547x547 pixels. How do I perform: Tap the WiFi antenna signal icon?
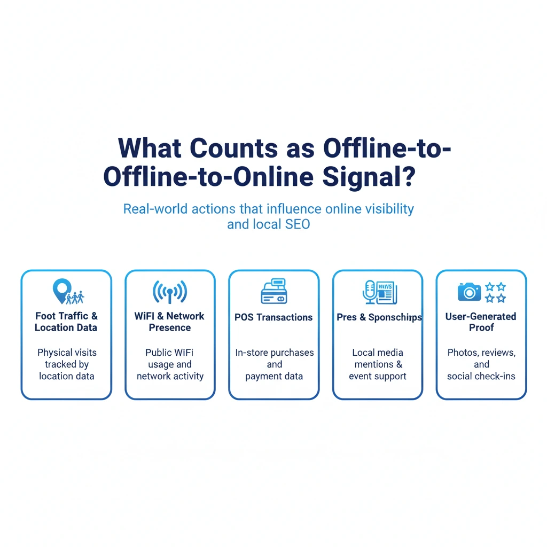pos(170,292)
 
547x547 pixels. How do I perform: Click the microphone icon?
pos(369,291)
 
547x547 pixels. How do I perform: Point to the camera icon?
pos(469,292)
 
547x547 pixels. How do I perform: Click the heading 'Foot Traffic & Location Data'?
pos(66,322)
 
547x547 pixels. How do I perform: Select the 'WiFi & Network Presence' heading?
pos(170,322)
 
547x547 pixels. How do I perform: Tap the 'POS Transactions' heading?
pos(273,317)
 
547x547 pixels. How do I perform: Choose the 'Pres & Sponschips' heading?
pos(379,317)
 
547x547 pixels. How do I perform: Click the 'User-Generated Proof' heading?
pos(481,322)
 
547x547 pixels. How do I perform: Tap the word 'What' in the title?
pos(150,148)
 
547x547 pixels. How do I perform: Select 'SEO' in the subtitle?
pos(296,224)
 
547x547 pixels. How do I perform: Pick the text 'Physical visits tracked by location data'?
pos(66,364)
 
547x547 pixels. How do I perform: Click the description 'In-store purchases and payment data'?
pos(274,364)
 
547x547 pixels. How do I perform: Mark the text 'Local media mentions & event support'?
pos(378,364)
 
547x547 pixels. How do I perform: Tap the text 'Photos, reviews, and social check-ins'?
pos(481,364)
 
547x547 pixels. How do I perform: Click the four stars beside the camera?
pos(495,292)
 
